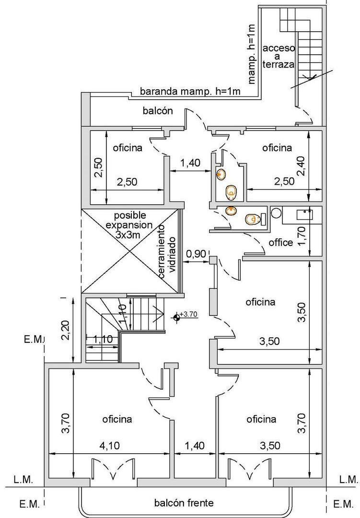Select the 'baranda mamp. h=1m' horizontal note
(190, 91)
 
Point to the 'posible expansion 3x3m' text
(129, 225)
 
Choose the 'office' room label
(280, 243)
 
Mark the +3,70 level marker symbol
(177, 316)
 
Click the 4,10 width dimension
(110, 446)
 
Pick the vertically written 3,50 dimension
(301, 313)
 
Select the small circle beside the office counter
(276, 212)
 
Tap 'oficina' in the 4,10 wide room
(117, 419)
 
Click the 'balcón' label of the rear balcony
(158, 111)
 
